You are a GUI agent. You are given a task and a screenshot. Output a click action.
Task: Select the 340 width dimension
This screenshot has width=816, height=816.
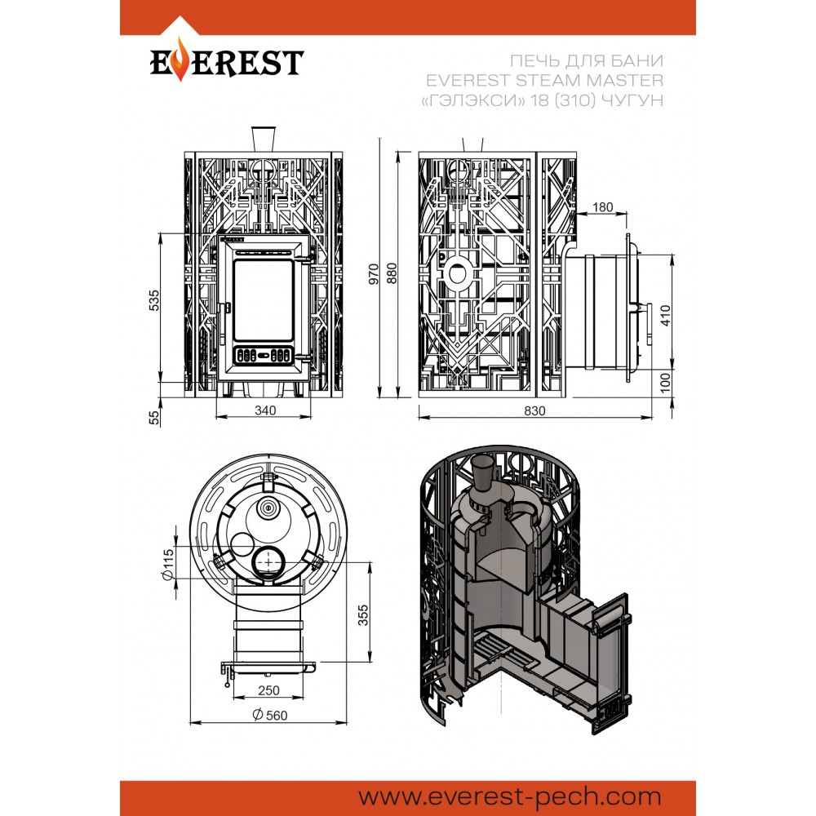264,410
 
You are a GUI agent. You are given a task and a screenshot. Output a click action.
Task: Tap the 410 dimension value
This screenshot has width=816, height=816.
665,316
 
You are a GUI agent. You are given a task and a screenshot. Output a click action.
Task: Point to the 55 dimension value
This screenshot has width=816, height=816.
153,417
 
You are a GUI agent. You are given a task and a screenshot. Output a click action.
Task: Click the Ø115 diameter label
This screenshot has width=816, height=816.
168,565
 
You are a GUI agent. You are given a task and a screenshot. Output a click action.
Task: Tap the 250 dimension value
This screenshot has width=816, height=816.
268,690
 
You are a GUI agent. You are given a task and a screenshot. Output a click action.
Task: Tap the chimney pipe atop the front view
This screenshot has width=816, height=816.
264,139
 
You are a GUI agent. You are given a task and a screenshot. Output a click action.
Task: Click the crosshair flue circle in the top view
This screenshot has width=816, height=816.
268,562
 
